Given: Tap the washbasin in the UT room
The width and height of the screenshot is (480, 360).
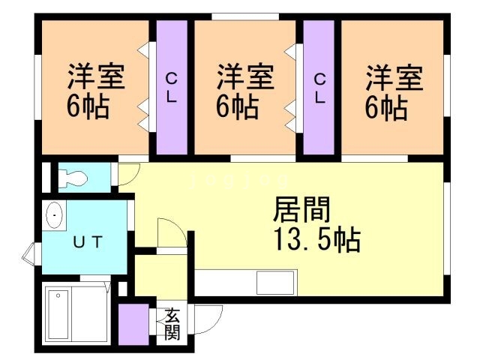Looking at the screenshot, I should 55,217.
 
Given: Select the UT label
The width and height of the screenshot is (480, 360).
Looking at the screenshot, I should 87,242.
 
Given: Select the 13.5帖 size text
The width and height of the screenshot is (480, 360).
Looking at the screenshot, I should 315,241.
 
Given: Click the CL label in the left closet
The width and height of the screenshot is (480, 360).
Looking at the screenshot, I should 172,88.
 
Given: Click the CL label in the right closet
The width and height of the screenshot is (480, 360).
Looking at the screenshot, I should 319,88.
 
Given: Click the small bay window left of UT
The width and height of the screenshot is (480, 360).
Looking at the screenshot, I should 28,254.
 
